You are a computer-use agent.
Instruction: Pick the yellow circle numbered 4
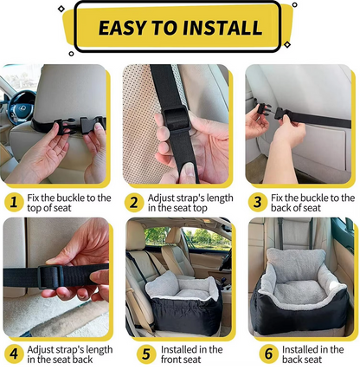pyautogui.click(x=12, y=354)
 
